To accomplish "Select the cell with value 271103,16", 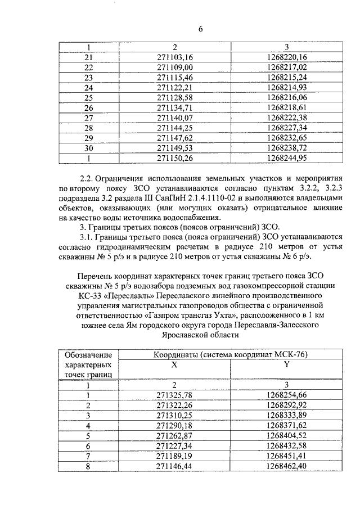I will point(174,57).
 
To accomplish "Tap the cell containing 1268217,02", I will point(287,67).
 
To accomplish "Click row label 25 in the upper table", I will point(88,97).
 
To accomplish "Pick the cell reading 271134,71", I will point(174,107).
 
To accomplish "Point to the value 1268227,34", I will point(287,128).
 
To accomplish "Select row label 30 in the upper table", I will point(88,148).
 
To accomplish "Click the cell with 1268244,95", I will point(287,158).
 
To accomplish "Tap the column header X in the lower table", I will point(174,364).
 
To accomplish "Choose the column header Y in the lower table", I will point(287,364).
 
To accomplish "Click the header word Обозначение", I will point(88,354).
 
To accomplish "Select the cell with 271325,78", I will point(174,394).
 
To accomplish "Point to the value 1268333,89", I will point(287,415).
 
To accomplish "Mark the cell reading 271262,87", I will point(174,435).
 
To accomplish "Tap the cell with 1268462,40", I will point(287,465).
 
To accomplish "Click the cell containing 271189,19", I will point(174,455).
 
